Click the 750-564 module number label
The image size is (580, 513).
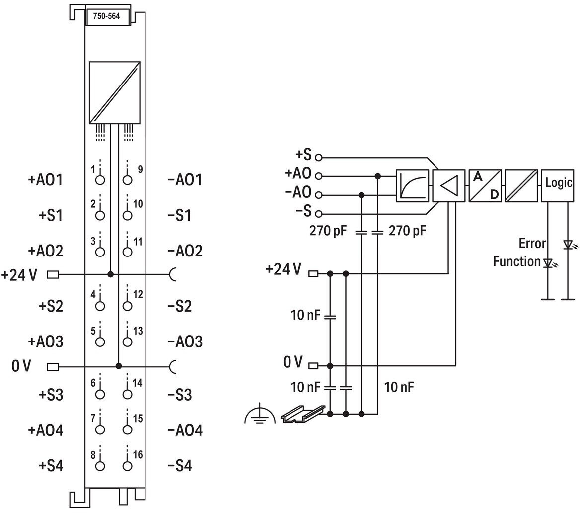pos(107,16)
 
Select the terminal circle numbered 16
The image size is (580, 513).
pos(127,466)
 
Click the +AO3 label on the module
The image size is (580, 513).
pos(46,342)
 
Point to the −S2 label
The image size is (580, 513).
pos(180,306)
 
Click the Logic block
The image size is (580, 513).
pos(558,185)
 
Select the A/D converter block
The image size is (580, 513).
pos(485,185)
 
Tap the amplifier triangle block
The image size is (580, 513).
pos(449,185)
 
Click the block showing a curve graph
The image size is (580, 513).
pos(413,185)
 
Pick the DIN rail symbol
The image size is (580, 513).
pos(303,414)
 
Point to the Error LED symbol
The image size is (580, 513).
pos(568,245)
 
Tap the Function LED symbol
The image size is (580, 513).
pos(548,263)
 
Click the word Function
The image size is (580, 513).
pos(516,262)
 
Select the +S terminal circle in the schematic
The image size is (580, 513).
pos(318,158)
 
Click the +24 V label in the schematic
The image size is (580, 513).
pos(284,269)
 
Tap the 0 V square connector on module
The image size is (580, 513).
pos(53,367)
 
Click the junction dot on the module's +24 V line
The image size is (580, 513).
pos(110,274)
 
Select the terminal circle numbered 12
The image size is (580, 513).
pos(127,306)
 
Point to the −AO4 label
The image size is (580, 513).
pos(185,430)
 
